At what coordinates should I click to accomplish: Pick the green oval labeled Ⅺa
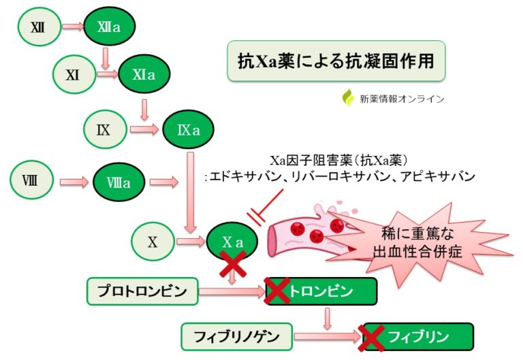[x=144, y=76]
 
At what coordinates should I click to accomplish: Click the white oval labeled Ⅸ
[x=104, y=127]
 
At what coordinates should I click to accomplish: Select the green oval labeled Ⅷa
[x=119, y=182]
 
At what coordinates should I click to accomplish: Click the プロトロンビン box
[x=142, y=291]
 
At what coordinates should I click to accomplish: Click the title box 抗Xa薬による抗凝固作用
[x=336, y=61]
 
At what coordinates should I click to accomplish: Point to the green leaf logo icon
[x=348, y=98]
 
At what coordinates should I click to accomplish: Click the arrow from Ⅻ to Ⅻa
[x=72, y=27]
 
